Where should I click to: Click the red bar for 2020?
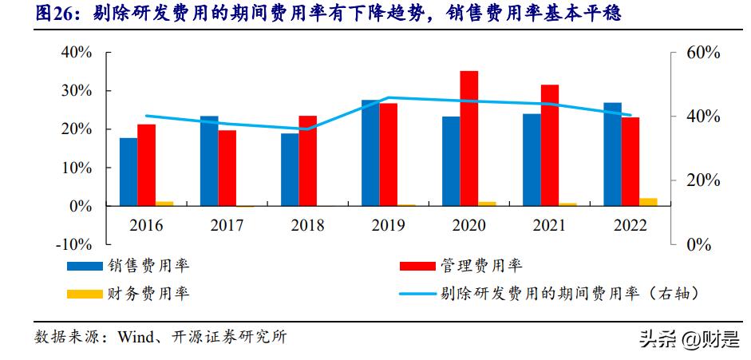point(469,138)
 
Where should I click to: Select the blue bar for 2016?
point(128,172)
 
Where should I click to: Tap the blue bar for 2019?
point(370,152)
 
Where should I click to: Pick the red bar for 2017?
point(227,168)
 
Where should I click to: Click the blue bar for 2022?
point(612,154)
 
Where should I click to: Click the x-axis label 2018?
point(307,225)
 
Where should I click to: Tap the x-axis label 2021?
point(550,225)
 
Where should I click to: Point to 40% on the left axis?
point(76,52)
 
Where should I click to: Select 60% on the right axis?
point(703,52)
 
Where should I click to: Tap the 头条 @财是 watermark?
point(687,340)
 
